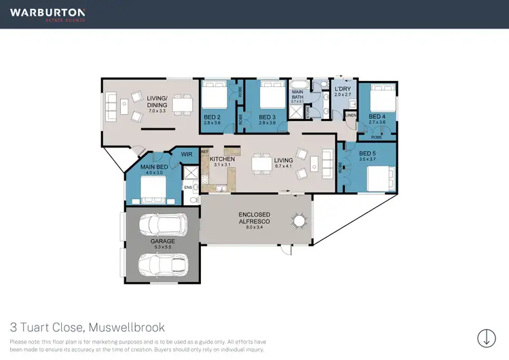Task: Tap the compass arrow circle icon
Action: pyautogui.click(x=486, y=338)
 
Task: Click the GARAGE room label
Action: pyautogui.click(x=163, y=242)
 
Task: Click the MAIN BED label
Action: pyautogui.click(x=154, y=167)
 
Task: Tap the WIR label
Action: pyautogui.click(x=185, y=154)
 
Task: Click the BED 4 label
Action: pyautogui.click(x=377, y=117)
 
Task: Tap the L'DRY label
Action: pyautogui.click(x=342, y=89)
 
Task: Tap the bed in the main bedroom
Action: pyautogui.click(x=151, y=185)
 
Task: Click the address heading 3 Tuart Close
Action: pyautogui.click(x=87, y=327)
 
